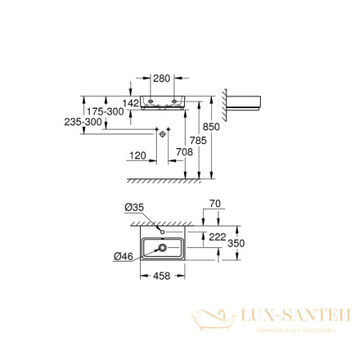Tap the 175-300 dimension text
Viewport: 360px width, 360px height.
105,113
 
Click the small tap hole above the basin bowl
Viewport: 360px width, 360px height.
162,232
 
